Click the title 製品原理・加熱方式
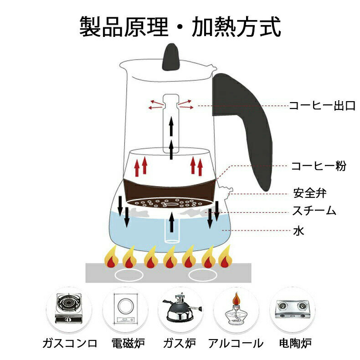coord(180,27)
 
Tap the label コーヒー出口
coord(322,106)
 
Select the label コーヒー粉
coord(319,166)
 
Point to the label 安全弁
coord(310,193)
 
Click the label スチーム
coord(314,211)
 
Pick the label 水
coord(298,231)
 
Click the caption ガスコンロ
coord(69,343)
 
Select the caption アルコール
coord(236,343)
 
